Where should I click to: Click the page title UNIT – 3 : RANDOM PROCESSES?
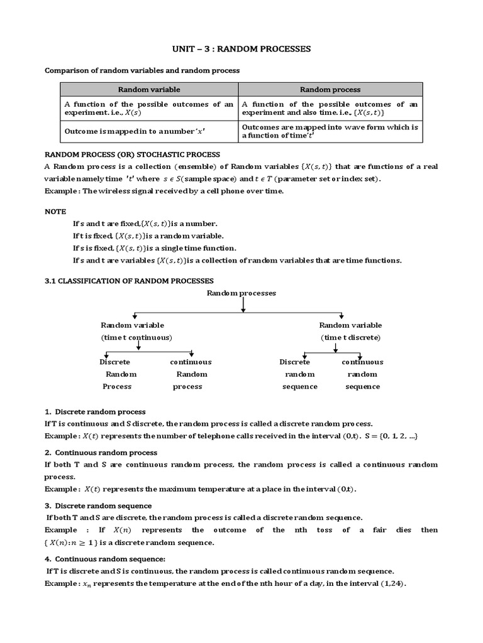coord(241,48)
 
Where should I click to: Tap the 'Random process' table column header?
coord(330,90)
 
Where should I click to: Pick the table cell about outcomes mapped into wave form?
coord(330,131)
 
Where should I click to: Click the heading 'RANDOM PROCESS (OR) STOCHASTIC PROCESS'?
coord(132,154)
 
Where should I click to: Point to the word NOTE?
coord(55,212)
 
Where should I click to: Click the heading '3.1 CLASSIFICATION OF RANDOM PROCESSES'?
coord(129,280)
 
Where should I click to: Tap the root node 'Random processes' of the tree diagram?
coord(242,293)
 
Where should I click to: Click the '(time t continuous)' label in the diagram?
coord(136,337)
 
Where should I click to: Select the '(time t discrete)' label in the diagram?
coord(350,337)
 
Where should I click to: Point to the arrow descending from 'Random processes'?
coord(243,304)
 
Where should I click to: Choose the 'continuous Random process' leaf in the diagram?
coord(190,374)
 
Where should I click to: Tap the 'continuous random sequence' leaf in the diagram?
coord(362,374)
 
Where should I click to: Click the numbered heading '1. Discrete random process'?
coord(95,412)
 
